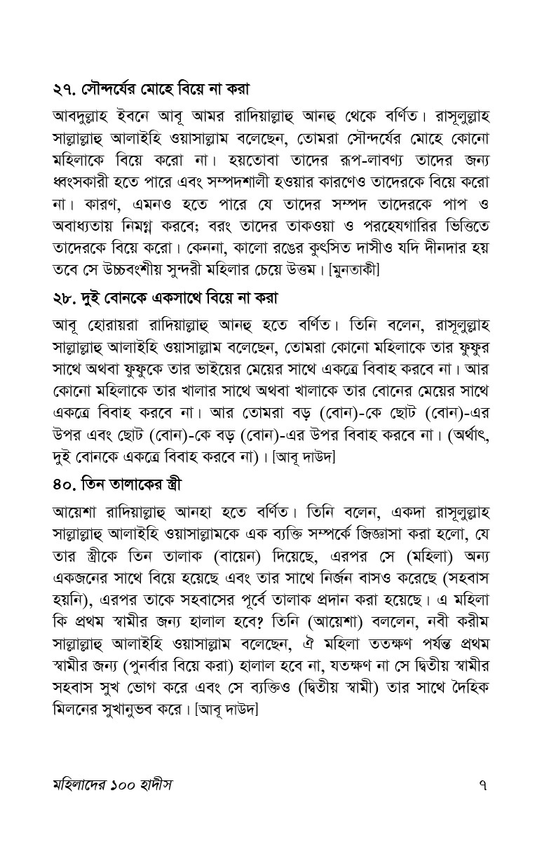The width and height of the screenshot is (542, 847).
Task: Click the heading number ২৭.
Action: click(65, 90)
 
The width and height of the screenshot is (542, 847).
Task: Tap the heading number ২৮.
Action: click(65, 299)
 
